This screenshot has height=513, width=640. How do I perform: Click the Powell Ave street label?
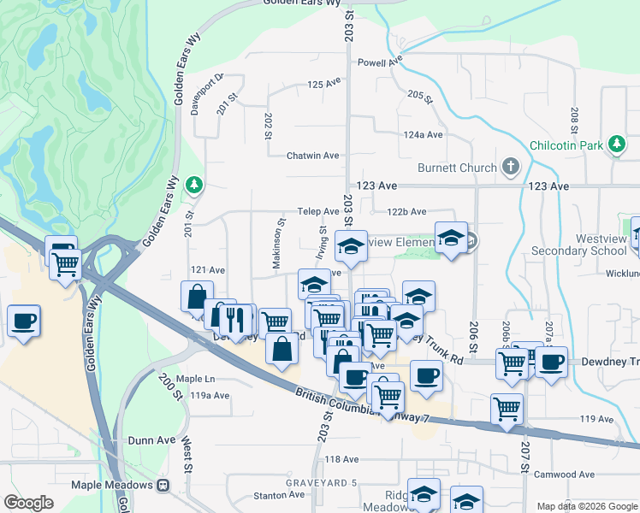click(380, 62)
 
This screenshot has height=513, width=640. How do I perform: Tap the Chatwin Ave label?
click(313, 156)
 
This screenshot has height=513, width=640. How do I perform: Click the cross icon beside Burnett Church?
click(511, 166)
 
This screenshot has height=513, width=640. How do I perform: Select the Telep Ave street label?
click(319, 211)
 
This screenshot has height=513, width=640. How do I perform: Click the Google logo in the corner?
click(28, 503)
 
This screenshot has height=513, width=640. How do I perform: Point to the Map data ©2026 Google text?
click(586, 506)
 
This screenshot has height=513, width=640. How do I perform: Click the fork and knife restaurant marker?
click(237, 320)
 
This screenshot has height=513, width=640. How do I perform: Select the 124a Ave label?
click(424, 135)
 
